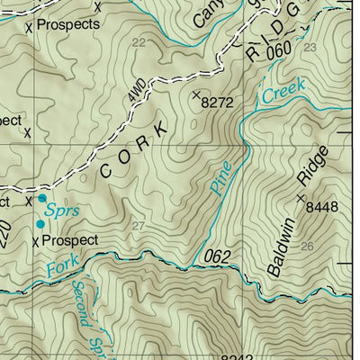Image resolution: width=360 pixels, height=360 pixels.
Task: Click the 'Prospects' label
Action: tap(68, 25)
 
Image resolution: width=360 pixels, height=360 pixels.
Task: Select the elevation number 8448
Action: tap(326, 207)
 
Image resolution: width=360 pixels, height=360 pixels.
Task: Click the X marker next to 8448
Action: tap(301, 198)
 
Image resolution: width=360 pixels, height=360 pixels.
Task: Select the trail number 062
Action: tap(217, 257)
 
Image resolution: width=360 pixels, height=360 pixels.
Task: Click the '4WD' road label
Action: tap(136, 92)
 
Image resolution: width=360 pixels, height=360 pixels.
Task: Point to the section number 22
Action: tap(138, 42)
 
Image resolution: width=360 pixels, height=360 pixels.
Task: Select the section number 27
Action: tap(137, 225)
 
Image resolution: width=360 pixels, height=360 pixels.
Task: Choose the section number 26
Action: tap(307, 245)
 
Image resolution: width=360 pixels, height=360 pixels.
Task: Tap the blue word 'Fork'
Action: tap(59, 268)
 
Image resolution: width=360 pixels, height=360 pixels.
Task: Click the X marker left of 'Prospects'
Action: tap(29, 27)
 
